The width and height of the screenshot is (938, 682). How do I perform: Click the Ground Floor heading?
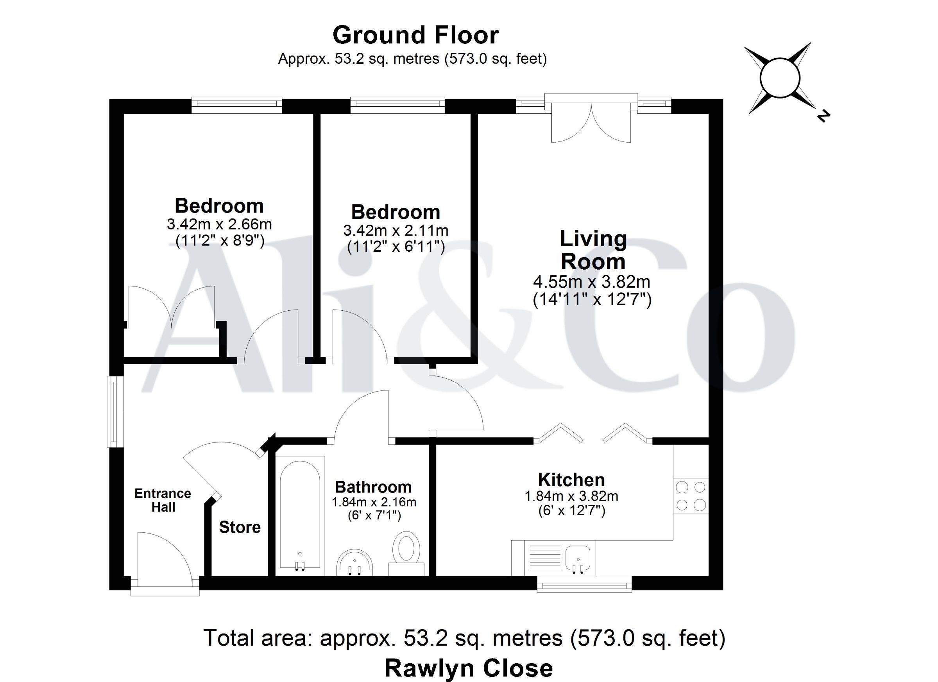tap(415, 35)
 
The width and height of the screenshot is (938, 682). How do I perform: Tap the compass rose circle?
tap(780, 78)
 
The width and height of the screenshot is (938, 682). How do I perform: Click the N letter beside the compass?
tap(823, 116)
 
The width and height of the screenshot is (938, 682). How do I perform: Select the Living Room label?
tap(593, 250)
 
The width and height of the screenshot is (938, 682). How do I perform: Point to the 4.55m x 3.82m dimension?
tap(591, 282)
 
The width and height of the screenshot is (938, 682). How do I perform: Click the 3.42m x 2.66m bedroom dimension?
tap(219, 224)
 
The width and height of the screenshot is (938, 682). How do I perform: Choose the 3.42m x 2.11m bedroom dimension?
tap(396, 230)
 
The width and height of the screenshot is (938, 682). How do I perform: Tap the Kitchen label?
tap(571, 480)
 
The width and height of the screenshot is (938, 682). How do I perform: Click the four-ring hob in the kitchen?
tap(691, 496)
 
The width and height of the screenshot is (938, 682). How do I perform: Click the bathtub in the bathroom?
tap(300, 514)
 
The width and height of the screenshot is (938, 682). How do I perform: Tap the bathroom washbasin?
tap(355, 562)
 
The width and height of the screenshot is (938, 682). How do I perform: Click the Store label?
tap(240, 527)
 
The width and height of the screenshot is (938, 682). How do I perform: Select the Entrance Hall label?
tap(163, 500)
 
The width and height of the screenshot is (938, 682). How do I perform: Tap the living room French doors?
tap(591, 120)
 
